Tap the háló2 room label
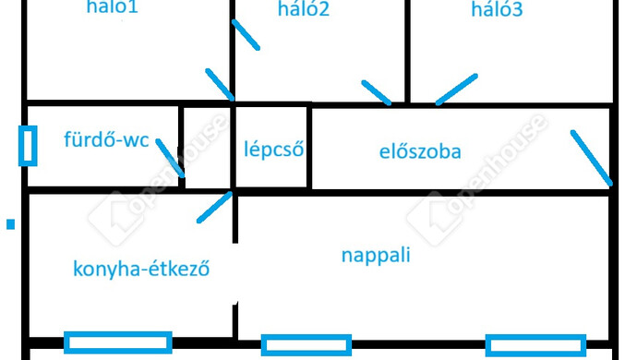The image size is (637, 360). tap(304, 10)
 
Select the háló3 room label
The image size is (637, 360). tap(497, 10)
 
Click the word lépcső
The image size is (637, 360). tap(273, 150)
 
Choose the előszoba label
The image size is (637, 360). tap(420, 150)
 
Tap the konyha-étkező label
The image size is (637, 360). tap(141, 270)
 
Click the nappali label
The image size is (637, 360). tap(376, 256)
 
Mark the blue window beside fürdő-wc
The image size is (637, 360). tap(28, 146)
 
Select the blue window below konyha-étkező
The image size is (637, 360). tap(117, 343)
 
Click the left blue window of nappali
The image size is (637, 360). tap(306, 345)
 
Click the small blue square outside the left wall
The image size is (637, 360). tap(11, 223)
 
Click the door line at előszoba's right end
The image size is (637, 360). tap(592, 158)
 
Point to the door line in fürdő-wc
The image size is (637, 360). tap(171, 158)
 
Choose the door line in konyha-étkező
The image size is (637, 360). tap(215, 208)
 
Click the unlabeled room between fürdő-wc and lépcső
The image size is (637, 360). tap(206, 148)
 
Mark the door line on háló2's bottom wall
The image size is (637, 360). tap(377, 92)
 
